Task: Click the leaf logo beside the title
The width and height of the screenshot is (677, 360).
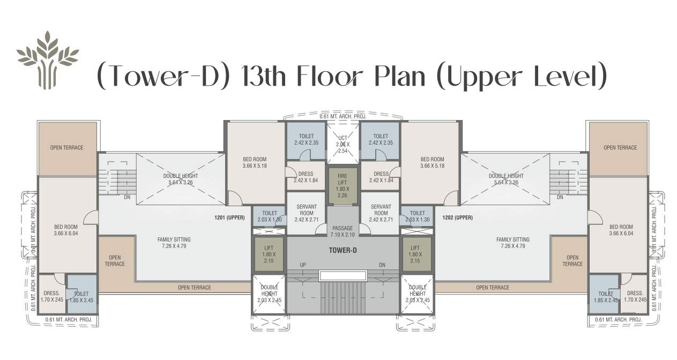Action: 47,59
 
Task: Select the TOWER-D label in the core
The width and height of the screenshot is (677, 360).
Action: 343,250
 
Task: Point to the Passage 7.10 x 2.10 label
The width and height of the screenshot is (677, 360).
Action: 343,231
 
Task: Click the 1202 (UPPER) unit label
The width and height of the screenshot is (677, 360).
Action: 457,217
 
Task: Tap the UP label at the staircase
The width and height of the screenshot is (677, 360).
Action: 303,265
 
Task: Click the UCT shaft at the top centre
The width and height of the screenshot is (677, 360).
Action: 343,142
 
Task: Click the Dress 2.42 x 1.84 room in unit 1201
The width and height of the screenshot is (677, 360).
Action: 306,177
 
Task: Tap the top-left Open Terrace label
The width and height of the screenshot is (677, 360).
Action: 66,148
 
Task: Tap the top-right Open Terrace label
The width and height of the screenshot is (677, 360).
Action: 620,148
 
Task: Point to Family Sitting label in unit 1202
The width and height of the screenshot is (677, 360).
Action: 512,243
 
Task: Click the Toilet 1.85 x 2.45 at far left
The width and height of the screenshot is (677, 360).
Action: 81,296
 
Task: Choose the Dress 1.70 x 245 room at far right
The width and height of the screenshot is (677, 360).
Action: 635,296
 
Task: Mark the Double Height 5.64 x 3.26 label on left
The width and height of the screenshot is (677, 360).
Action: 181,179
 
